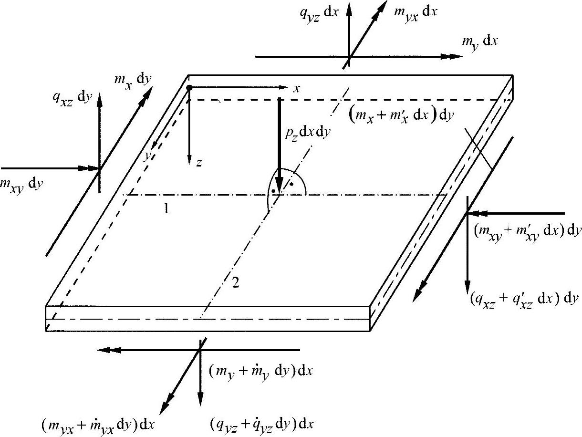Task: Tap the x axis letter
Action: (296, 88)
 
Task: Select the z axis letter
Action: (198, 163)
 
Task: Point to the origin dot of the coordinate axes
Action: (189, 88)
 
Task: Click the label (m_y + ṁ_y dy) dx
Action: (261, 371)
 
